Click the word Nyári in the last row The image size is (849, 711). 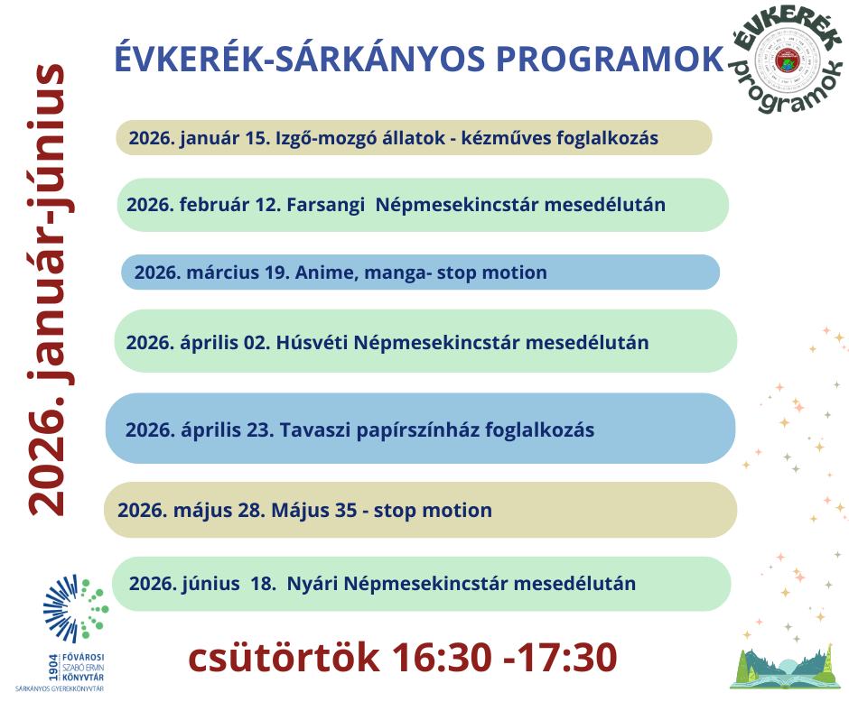(x=313, y=584)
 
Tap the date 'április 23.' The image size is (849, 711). (x=230, y=429)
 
